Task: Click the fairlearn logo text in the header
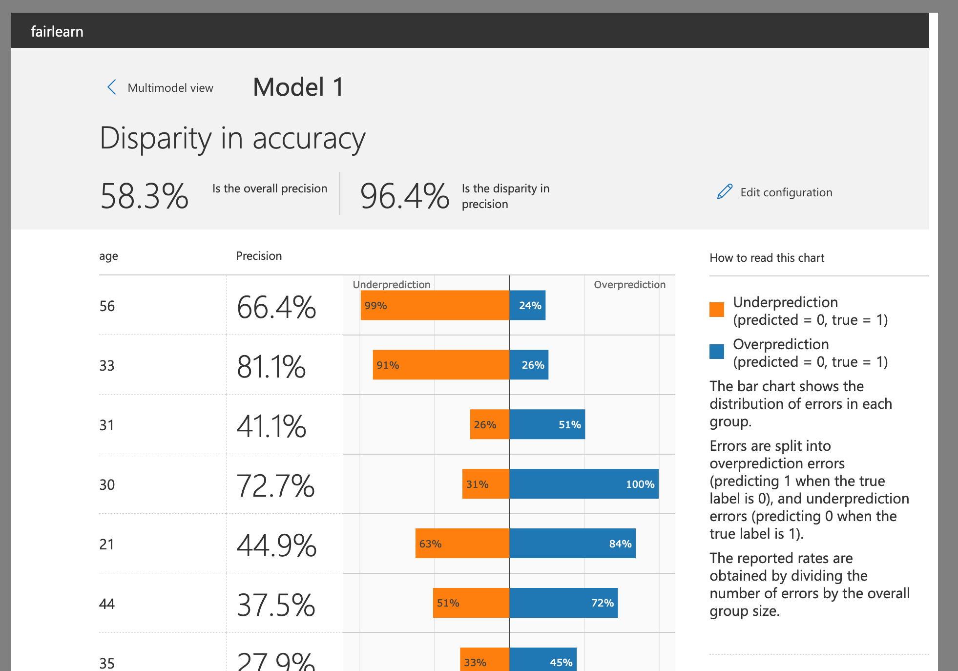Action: [x=57, y=32]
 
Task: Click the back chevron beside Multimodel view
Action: [x=112, y=87]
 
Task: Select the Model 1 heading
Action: [x=298, y=87]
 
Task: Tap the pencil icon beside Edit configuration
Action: [x=725, y=192]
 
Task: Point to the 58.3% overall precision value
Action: [x=145, y=196]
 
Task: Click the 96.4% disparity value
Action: [x=404, y=196]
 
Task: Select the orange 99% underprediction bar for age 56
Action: [x=435, y=306]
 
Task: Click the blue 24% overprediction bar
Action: [x=527, y=306]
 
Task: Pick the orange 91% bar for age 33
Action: [x=441, y=365]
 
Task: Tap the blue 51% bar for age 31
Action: [x=547, y=424]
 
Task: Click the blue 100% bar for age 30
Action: [x=583, y=484]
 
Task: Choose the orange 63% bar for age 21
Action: [x=462, y=544]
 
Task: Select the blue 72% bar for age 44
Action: [x=563, y=603]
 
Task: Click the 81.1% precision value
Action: [x=271, y=367]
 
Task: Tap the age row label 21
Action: [x=107, y=544]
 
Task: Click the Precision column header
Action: [x=259, y=256]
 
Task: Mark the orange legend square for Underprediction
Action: [x=717, y=310]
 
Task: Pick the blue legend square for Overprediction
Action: [x=717, y=352]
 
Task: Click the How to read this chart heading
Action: [x=767, y=258]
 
